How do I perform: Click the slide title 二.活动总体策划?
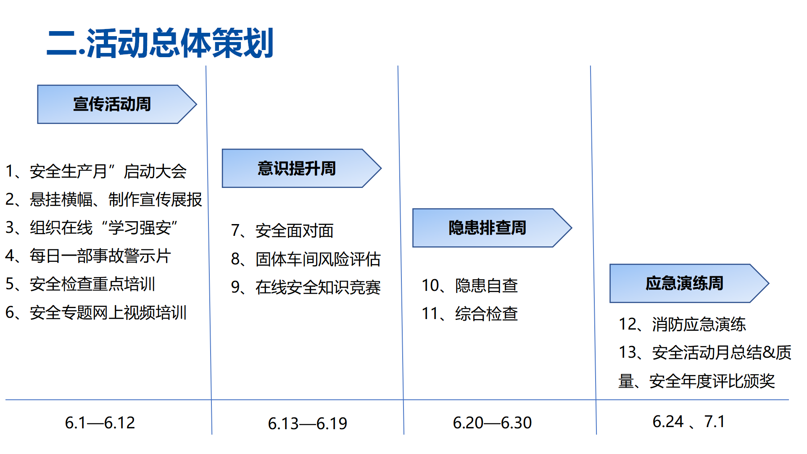coord(160,43)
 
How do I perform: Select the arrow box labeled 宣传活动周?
coord(117,104)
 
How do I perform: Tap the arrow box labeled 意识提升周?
coord(302,168)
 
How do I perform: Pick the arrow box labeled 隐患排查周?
coord(492,228)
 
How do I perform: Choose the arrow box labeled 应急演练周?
coord(689,283)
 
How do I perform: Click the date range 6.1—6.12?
coord(100,423)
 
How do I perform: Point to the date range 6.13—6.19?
coord(308,424)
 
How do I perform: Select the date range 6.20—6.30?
coord(492,423)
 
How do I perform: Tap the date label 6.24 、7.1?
coord(688,422)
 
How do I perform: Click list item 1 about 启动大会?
coord(96,172)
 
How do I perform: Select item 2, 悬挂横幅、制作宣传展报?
coord(103,200)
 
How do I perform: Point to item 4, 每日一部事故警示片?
coord(88,256)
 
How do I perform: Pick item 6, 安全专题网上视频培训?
coord(96,313)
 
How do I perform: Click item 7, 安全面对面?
coord(282,231)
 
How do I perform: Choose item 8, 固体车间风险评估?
coord(306,259)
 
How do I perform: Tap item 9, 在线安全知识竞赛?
coord(306,288)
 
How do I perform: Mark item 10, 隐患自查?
coord(469,286)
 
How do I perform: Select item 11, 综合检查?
coord(469,314)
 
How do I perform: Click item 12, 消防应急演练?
coord(682,325)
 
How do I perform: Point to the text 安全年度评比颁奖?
coord(712,381)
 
